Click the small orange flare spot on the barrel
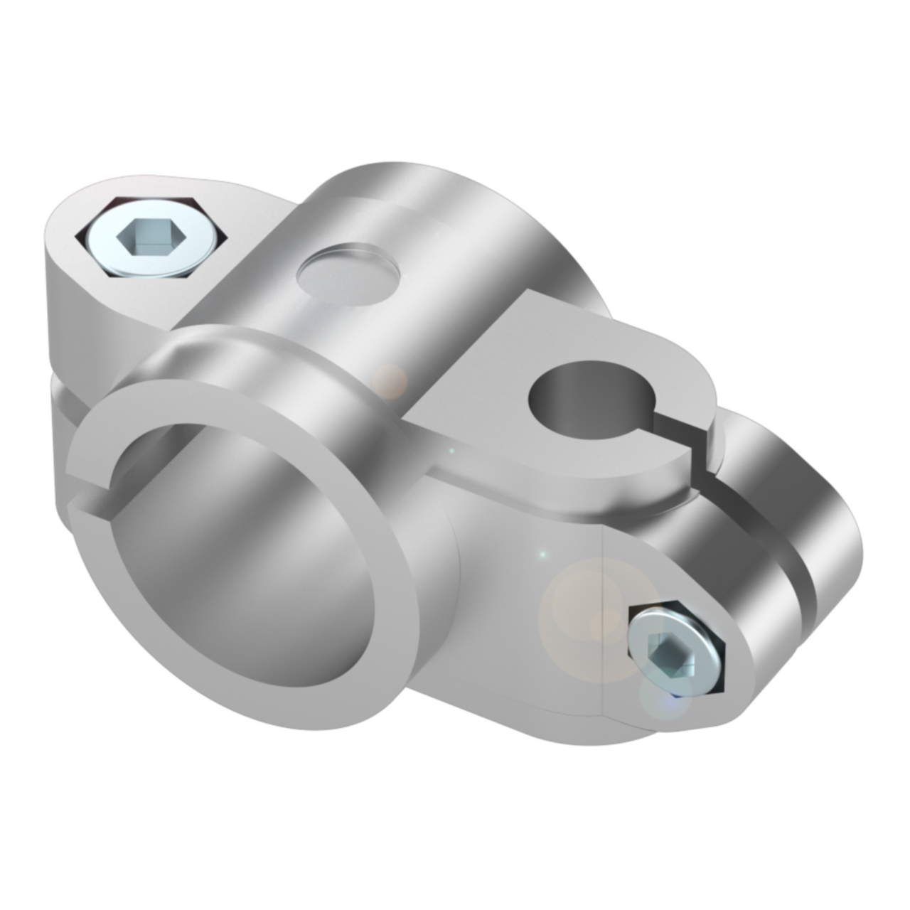coord(390,380)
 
